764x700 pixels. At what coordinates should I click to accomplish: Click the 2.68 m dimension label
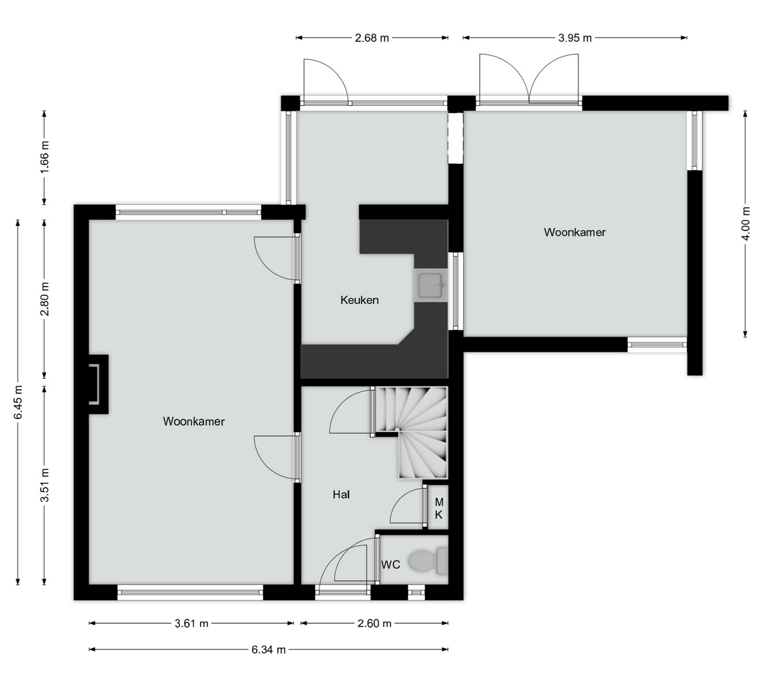point(372,38)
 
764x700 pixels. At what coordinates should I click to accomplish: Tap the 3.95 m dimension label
point(575,38)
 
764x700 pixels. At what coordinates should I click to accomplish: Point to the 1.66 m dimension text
point(44,157)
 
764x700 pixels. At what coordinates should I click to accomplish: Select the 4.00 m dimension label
point(746,224)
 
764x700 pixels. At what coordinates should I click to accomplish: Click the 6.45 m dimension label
point(18,402)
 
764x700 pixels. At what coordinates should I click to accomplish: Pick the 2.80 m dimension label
point(44,299)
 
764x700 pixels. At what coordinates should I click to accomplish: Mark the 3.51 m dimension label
point(44,485)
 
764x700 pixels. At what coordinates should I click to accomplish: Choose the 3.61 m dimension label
point(191,624)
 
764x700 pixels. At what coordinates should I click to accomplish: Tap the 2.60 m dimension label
point(374,624)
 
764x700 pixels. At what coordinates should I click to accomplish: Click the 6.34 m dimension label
point(268,650)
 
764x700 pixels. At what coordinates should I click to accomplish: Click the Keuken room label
point(359,300)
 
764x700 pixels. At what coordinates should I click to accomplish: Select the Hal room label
point(341,495)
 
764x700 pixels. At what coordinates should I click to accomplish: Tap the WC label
point(391,565)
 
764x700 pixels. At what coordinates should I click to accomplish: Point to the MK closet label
point(439,508)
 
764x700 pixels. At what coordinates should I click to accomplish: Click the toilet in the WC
point(428,561)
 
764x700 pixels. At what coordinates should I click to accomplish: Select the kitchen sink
point(431,286)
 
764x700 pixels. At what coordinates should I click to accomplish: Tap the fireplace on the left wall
point(98,384)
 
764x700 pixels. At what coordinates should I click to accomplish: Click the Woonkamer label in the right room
point(575,232)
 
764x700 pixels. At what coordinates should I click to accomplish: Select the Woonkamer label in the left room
point(194,421)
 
